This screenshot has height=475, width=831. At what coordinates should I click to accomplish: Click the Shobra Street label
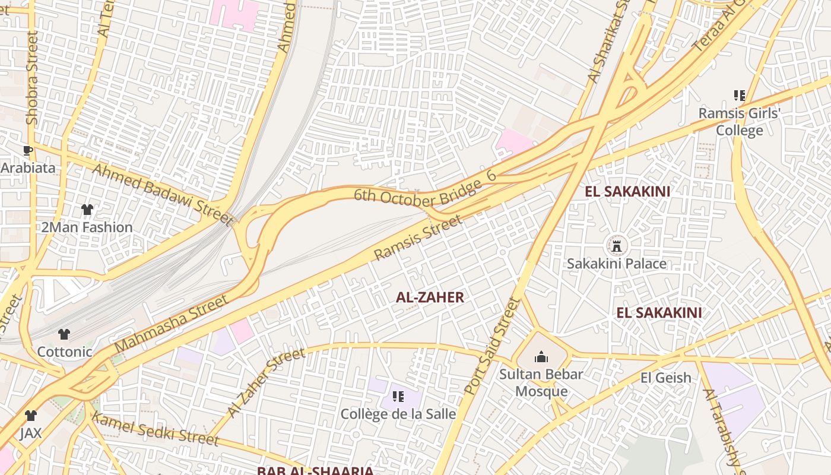(x=32, y=78)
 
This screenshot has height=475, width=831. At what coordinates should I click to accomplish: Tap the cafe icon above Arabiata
(x=27, y=150)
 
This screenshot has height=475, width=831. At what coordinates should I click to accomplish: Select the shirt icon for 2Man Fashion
(x=87, y=210)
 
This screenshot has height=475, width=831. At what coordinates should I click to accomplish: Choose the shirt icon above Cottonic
(x=64, y=334)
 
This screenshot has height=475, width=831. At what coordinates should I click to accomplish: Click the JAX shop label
(x=31, y=433)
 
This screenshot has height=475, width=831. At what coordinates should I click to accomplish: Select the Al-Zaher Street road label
(x=266, y=382)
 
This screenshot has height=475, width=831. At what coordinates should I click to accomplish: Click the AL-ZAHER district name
(x=430, y=297)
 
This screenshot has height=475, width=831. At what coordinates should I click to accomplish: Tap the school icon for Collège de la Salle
(x=398, y=396)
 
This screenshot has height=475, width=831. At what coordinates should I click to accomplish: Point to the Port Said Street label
(x=492, y=347)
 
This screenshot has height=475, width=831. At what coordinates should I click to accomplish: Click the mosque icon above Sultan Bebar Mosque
(x=541, y=357)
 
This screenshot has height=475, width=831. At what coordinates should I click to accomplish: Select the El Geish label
(x=666, y=378)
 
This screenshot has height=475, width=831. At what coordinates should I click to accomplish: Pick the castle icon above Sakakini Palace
(x=617, y=245)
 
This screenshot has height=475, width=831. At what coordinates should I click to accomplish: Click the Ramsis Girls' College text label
(x=739, y=122)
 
